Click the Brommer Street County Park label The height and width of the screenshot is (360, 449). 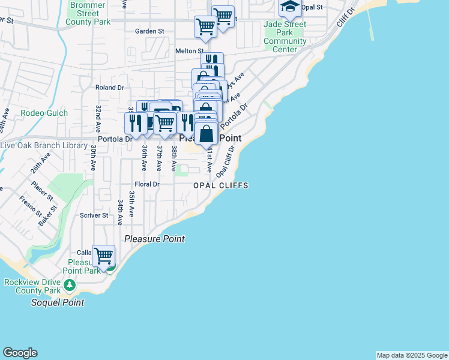[88, 13]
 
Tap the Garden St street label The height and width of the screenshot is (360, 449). [149, 31]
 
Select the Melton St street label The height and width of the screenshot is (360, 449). [190, 51]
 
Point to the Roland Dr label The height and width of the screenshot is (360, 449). [109, 87]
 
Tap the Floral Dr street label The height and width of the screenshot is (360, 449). [147, 184]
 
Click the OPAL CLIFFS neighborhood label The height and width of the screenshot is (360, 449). [221, 186]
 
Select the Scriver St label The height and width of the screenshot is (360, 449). [94, 215]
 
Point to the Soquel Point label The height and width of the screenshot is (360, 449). [58, 302]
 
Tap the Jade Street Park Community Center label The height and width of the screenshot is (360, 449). [285, 37]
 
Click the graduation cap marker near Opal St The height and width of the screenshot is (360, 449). [290, 7]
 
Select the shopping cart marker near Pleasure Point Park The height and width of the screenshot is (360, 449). [103, 256]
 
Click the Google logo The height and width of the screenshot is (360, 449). [20, 353]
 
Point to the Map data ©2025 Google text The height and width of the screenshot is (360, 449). [412, 355]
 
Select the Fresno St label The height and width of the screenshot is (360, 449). [29, 206]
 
